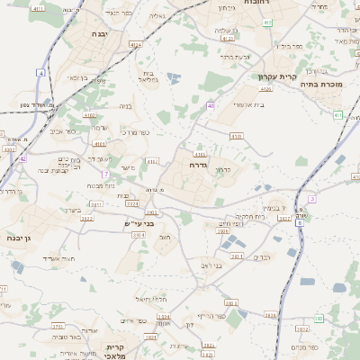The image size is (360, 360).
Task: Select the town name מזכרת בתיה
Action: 332,83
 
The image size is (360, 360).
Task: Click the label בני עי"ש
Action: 139,223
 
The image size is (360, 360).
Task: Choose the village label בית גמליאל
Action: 149,76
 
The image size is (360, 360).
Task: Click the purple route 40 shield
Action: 210,105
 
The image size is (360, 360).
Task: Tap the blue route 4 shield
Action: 41,72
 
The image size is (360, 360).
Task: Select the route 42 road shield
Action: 22,158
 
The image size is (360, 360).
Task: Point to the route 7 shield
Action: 105,174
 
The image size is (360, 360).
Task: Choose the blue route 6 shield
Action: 311,198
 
